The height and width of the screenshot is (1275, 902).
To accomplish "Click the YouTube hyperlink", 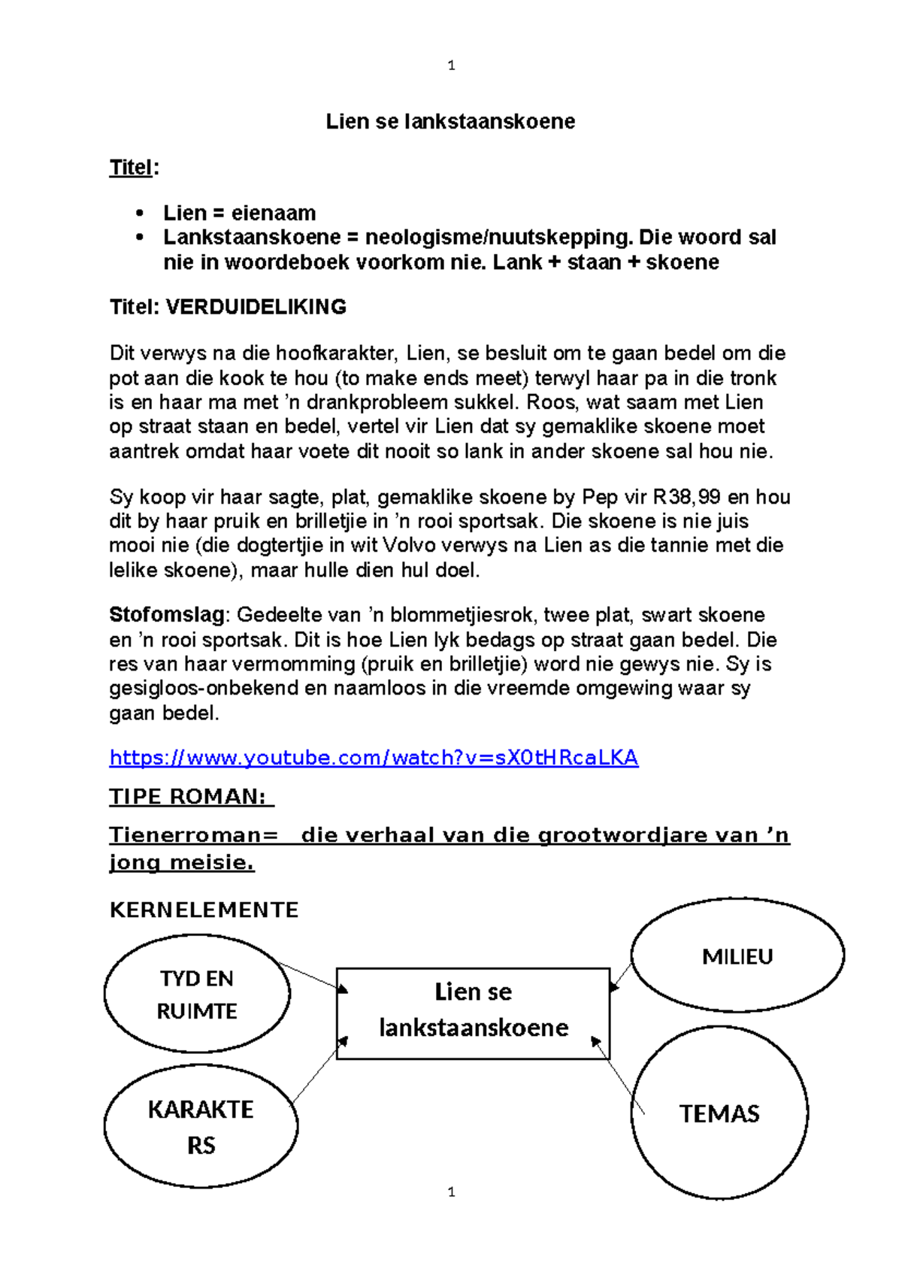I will pos(374,757).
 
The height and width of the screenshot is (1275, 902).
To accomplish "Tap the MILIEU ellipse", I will pos(737,955).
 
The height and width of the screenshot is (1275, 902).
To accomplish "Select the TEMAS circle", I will pos(719,1113).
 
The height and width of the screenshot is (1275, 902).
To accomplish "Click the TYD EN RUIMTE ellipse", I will pos(197,994).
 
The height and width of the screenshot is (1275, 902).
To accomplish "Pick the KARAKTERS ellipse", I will pos(201,1126).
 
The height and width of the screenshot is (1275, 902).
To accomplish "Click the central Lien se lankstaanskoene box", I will pos(473,1012).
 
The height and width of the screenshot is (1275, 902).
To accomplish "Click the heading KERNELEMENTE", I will pos(204,910).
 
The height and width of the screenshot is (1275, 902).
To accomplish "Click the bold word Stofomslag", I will pos(167,615).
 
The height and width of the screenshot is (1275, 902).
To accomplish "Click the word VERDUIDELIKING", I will pos(256,307).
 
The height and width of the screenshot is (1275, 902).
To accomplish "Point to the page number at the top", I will pos(451,65).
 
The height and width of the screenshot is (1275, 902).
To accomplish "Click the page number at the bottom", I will pos(451,1192).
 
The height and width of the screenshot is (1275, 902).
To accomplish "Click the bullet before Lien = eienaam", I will pos(140,214).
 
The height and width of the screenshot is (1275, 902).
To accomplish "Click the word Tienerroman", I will pos(193,835).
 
